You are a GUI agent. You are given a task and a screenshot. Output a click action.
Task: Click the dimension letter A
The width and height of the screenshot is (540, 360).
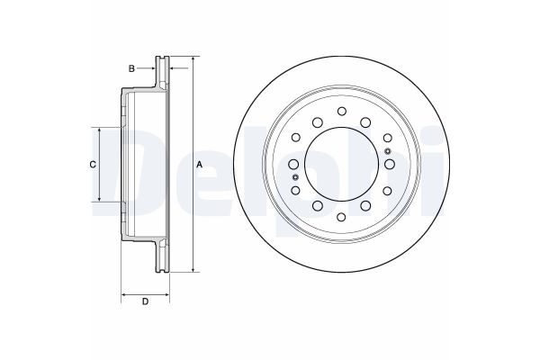click(x=200, y=163)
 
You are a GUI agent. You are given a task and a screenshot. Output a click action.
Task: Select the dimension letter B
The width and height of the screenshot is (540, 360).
click(x=131, y=68)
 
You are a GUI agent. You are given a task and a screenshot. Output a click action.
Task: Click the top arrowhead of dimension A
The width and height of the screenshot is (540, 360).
click(x=192, y=59)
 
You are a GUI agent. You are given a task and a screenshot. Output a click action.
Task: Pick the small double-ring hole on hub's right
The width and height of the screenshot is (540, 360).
click(x=386, y=138)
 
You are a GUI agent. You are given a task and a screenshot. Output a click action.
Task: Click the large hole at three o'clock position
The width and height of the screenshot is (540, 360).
click(x=390, y=164)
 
